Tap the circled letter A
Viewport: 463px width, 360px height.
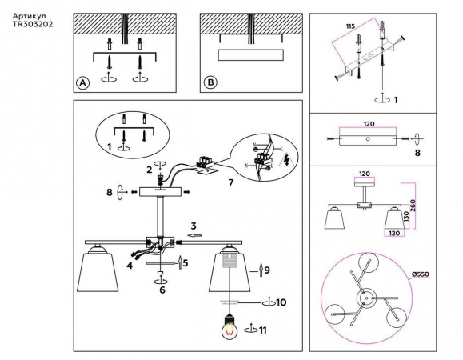click(x=82, y=82)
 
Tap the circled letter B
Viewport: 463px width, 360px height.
click(x=210, y=82)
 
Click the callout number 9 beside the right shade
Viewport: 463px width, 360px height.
click(x=266, y=271)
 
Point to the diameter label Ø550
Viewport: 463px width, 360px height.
click(x=421, y=274)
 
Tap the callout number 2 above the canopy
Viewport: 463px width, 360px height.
click(x=148, y=169)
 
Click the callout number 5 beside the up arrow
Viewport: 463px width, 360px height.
click(x=186, y=262)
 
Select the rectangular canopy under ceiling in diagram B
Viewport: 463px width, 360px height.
click(x=249, y=54)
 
